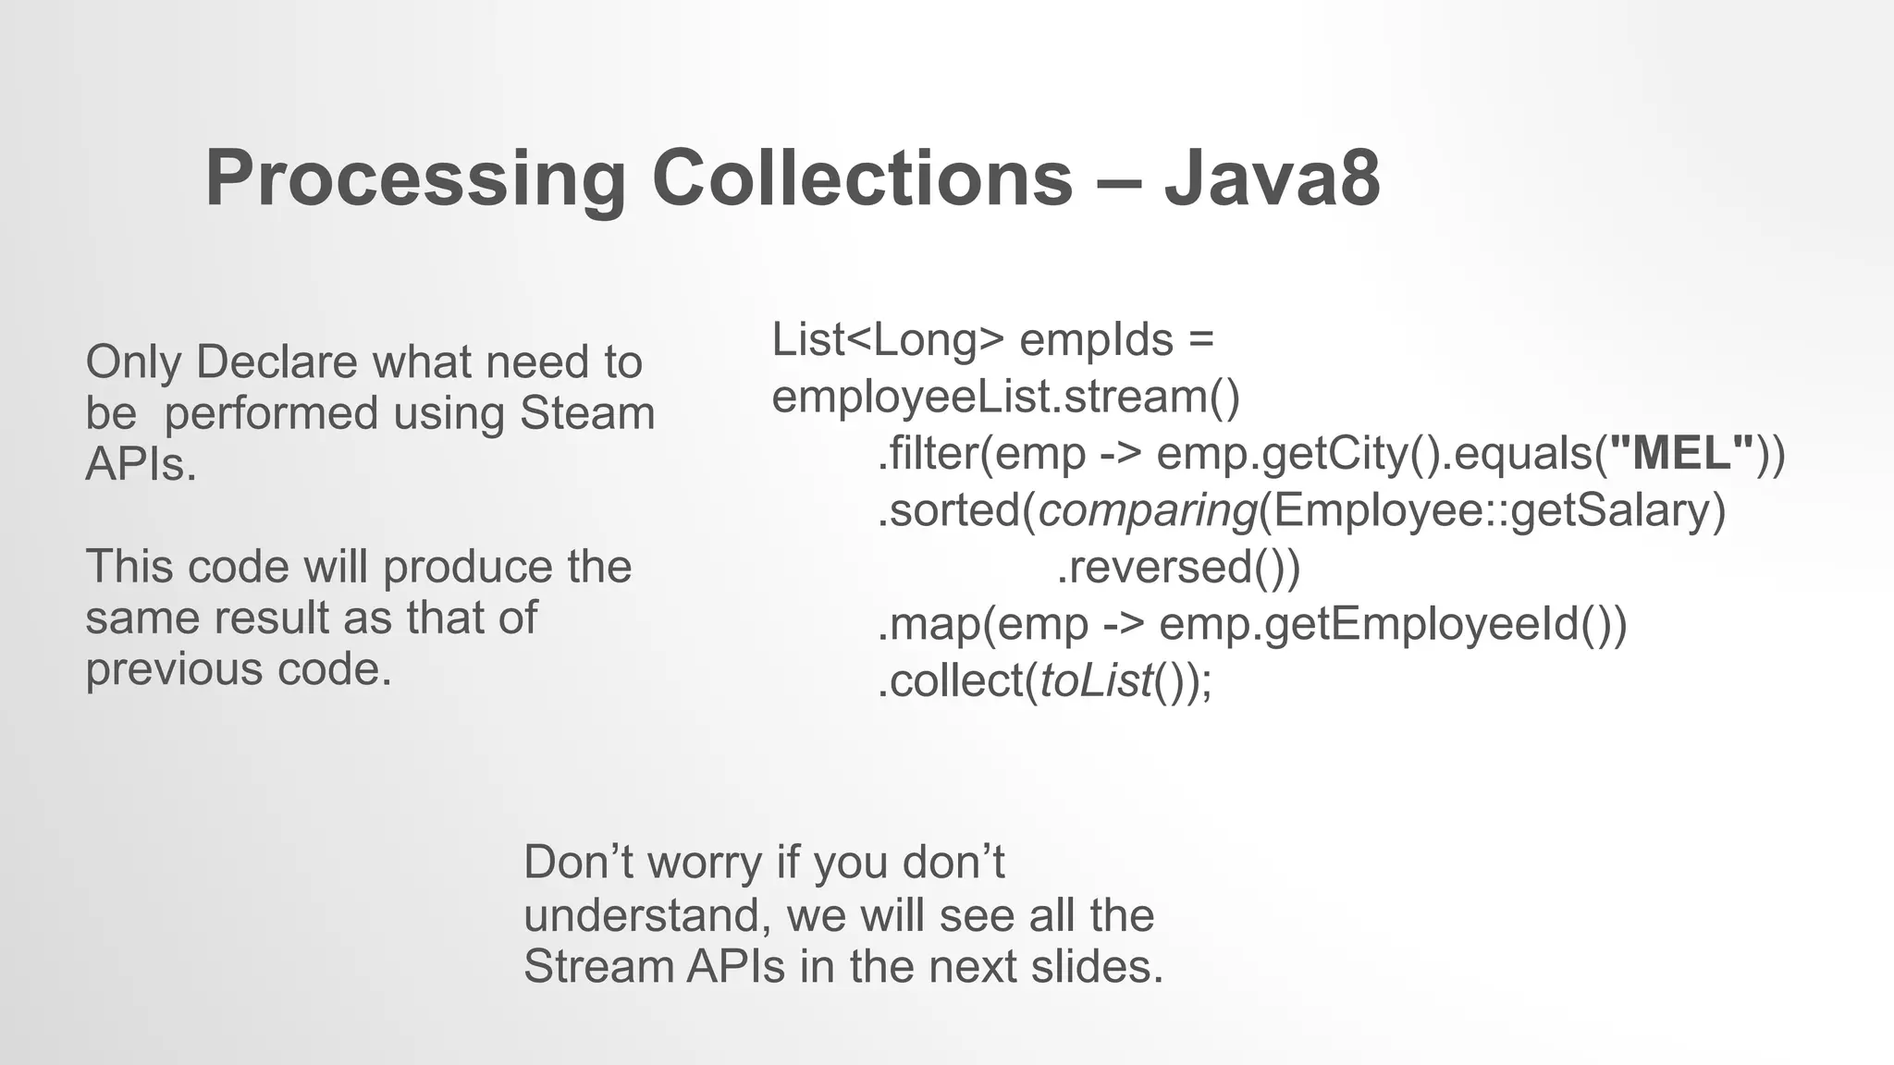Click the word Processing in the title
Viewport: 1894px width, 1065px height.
[415, 178]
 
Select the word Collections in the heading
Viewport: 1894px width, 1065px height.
[862, 178]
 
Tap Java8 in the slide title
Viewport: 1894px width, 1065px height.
[1272, 178]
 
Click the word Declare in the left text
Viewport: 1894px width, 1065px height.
[276, 361]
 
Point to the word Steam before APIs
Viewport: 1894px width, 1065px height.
[586, 412]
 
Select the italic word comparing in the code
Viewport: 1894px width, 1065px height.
[1147, 510]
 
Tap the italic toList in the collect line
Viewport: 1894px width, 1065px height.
[1096, 681]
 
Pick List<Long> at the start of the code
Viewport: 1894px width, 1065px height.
[887, 339]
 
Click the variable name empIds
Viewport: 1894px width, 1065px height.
[1096, 339]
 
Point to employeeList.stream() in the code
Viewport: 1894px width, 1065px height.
[1005, 397]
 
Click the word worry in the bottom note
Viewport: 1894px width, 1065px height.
[705, 863]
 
